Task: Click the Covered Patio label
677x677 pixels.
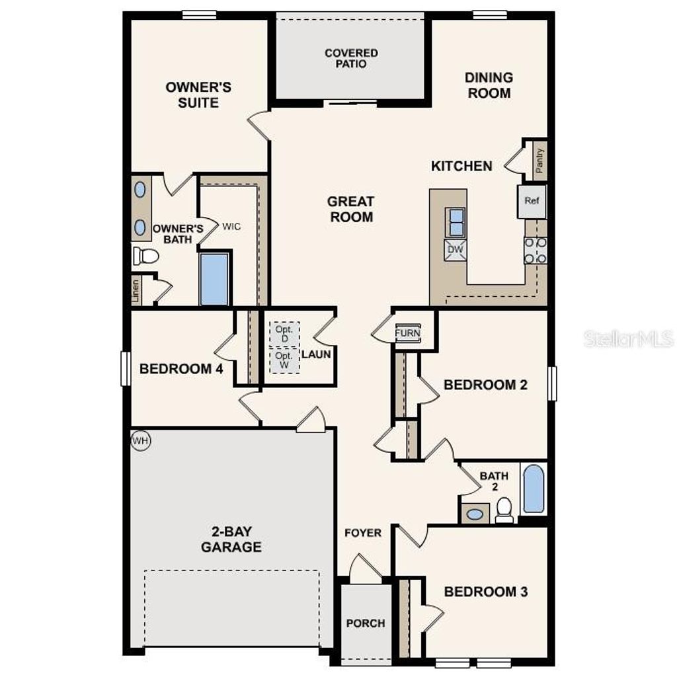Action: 351,58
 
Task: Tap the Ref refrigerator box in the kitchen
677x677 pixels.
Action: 532,201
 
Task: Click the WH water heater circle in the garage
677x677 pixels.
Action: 140,440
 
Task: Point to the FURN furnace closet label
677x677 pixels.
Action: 407,333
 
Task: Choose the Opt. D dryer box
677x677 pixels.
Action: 285,334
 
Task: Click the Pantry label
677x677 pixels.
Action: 540,160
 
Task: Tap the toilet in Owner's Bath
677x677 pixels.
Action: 145,255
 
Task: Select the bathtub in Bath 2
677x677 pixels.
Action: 534,489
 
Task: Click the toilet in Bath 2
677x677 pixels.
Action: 504,509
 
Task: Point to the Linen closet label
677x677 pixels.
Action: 136,292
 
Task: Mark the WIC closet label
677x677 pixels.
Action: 231,226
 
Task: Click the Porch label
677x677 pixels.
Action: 366,623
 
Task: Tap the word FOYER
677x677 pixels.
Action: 363,532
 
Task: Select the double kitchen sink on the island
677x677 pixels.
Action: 456,221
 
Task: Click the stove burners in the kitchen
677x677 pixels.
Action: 536,251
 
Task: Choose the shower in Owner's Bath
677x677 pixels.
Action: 214,279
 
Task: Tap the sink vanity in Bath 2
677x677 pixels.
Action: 475,513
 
